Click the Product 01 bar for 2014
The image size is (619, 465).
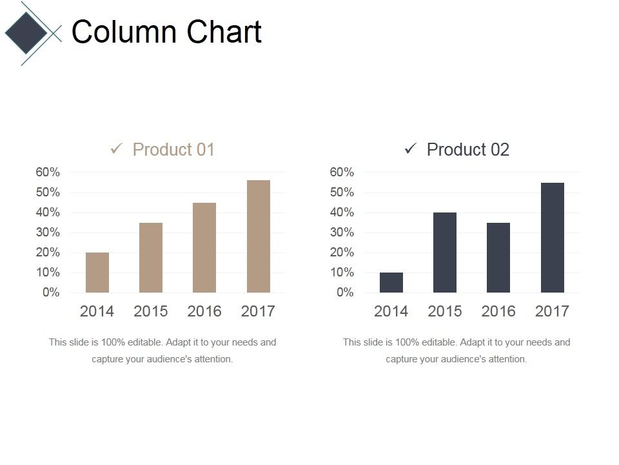97,273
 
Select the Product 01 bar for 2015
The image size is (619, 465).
151,258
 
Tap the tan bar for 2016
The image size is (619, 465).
204,248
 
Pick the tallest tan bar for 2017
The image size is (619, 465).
259,236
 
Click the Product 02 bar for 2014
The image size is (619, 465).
391,282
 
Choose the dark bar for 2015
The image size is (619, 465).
445,253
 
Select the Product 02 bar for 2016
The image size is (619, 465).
498,258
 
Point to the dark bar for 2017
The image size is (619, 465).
553,238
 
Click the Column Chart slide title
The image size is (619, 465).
166,32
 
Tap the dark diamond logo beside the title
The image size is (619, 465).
26,32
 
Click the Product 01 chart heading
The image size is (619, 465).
173,150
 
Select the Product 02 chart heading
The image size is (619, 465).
468,150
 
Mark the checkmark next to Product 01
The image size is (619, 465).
117,149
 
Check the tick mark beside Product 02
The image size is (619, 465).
411,149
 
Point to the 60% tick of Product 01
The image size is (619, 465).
48,172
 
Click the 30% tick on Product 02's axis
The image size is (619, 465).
342,232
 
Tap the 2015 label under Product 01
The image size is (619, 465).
151,311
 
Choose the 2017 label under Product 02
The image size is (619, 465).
552,311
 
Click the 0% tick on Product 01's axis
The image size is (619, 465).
51,293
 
